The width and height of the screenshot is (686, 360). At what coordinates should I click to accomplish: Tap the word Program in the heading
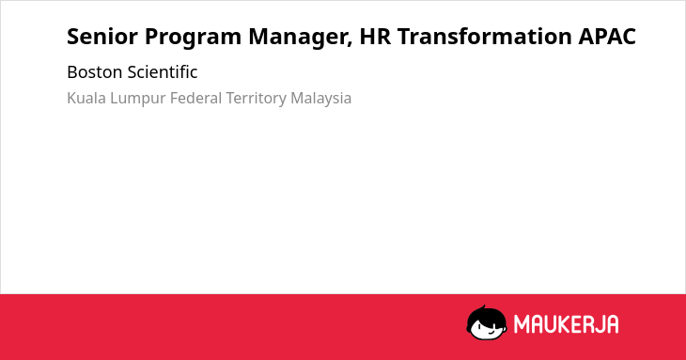tap(193, 38)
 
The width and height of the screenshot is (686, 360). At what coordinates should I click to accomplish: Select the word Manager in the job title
tap(299, 38)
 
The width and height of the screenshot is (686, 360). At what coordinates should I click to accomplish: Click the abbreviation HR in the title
tap(375, 37)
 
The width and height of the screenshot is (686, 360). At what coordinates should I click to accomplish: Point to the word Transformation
tap(484, 37)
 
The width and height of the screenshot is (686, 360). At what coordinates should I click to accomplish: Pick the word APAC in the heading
tap(607, 37)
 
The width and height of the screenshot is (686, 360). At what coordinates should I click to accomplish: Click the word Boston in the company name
tap(95, 72)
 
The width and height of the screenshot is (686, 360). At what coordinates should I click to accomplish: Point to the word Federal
tap(196, 98)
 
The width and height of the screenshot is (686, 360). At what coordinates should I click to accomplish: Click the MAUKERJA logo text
tap(566, 324)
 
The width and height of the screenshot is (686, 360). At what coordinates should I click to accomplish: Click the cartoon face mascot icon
tap(487, 322)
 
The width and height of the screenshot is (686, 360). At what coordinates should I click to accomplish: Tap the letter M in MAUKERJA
tap(522, 324)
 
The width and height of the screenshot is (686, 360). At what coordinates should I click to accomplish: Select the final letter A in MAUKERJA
tap(612, 324)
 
